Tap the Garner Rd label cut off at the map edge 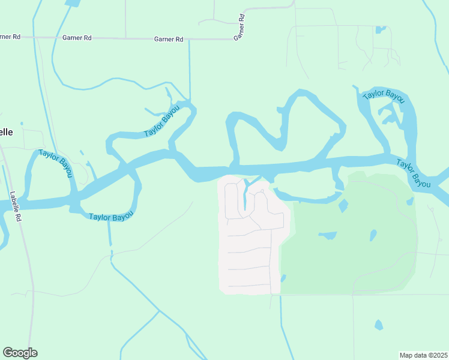10,37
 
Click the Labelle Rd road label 16,207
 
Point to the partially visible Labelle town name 6,133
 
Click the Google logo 20,353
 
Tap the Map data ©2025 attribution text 424,355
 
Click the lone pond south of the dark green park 378,325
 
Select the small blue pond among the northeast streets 379,28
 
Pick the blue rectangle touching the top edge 73,3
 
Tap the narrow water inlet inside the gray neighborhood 245,195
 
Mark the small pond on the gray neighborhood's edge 283,278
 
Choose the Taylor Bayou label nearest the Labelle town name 55,163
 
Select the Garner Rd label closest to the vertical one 169,39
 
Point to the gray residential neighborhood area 249,252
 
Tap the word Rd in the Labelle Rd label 18,218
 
